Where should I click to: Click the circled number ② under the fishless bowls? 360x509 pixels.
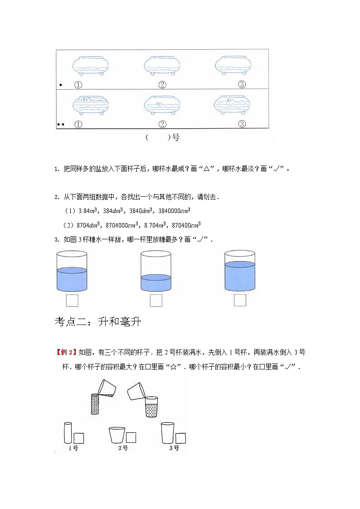(162, 84)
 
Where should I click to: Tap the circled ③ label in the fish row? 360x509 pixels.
(242, 124)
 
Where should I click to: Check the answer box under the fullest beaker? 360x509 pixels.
(240, 300)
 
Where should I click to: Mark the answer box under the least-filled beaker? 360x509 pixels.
(156, 300)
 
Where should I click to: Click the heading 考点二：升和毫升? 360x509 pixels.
(98, 322)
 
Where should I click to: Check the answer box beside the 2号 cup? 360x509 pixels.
(131, 437)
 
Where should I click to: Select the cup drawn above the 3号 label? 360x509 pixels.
(167, 433)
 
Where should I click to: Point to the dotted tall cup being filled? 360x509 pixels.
(94, 403)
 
